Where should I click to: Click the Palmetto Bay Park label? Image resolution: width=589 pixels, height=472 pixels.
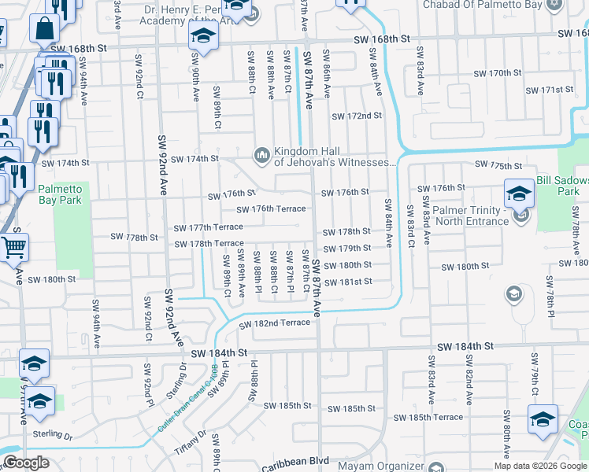pyautogui.click(x=60, y=194)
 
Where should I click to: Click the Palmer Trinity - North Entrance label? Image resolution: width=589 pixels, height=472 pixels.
pyautogui.click(x=469, y=216)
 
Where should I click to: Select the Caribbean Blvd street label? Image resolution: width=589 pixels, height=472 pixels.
pyautogui.click(x=294, y=463)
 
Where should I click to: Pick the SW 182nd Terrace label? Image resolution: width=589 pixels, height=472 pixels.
pyautogui.click(x=275, y=323)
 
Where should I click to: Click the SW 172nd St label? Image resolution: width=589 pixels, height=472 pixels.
pyautogui.click(x=356, y=116)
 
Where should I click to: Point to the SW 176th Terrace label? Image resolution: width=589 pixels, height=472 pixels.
pyautogui.click(x=271, y=209)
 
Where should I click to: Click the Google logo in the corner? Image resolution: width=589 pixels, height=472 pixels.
pyautogui.click(x=26, y=463)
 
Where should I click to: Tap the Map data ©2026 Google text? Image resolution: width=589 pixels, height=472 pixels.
pyautogui.click(x=541, y=466)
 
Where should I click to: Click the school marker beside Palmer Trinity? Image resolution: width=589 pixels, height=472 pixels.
pyautogui.click(x=519, y=194)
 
